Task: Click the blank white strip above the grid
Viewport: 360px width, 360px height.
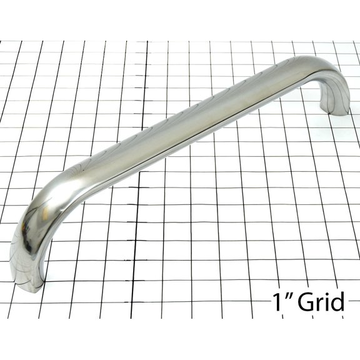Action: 180,19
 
